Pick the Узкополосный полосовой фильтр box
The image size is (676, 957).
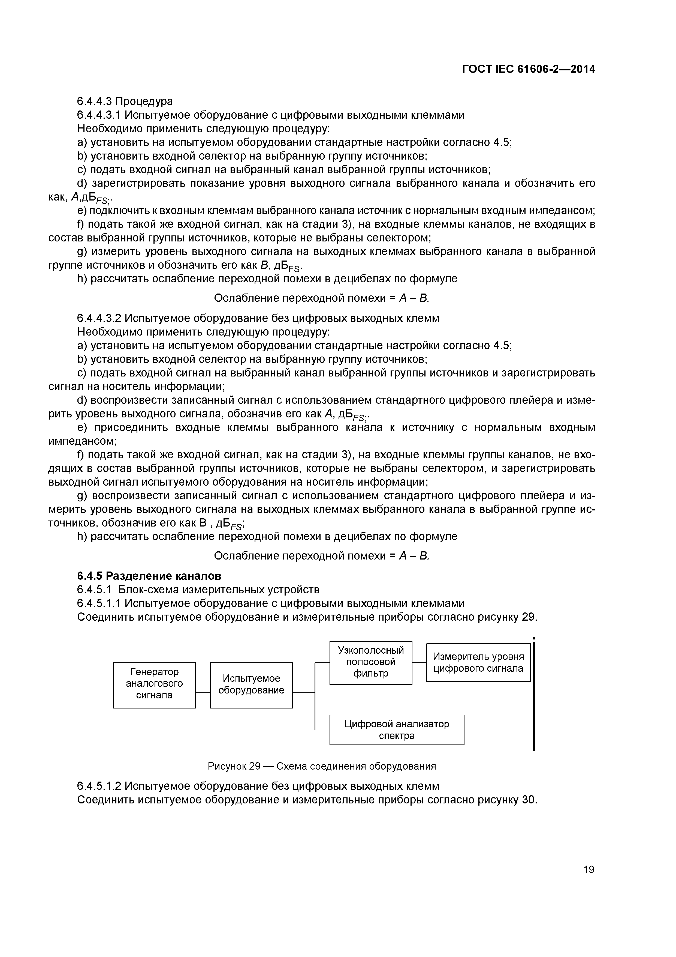click(x=371, y=662)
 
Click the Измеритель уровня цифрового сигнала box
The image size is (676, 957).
click(x=478, y=662)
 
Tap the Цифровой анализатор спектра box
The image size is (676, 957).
click(x=397, y=729)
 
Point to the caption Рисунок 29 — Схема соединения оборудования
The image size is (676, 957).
click(x=322, y=766)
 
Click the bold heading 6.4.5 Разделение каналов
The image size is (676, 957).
click(x=149, y=576)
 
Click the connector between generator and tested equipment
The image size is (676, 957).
click(x=203, y=693)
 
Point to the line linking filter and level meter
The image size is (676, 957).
click(x=419, y=662)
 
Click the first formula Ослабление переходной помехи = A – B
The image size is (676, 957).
click(x=321, y=298)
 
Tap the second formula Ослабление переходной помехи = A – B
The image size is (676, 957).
click(x=321, y=556)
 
